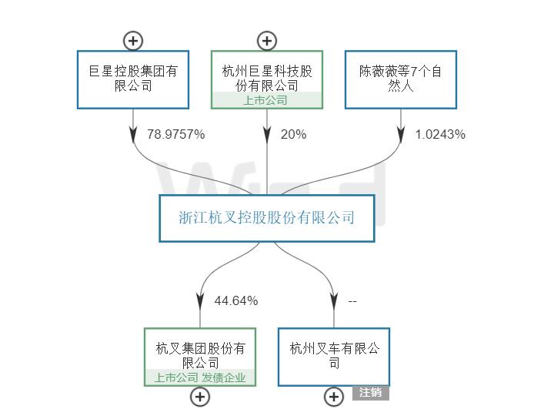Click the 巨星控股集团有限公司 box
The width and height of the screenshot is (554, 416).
133,79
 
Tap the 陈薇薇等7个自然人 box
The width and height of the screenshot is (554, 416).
400,79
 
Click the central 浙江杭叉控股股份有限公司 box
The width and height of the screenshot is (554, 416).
267,218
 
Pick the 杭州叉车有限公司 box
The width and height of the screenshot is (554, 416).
334,357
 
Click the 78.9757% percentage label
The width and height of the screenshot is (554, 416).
175,134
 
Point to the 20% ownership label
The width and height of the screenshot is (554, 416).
293,134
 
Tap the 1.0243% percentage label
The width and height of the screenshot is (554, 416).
440,134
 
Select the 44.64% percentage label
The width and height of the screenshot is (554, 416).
235,300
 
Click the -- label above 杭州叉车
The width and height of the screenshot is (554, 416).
352,300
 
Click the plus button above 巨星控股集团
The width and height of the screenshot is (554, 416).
133,41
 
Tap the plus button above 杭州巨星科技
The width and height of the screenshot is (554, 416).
267,41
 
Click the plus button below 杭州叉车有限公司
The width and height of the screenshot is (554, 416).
334,397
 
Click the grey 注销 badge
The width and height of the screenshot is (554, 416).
371,392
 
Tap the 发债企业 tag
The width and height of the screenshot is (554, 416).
224,377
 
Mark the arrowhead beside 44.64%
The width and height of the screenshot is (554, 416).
200,300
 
